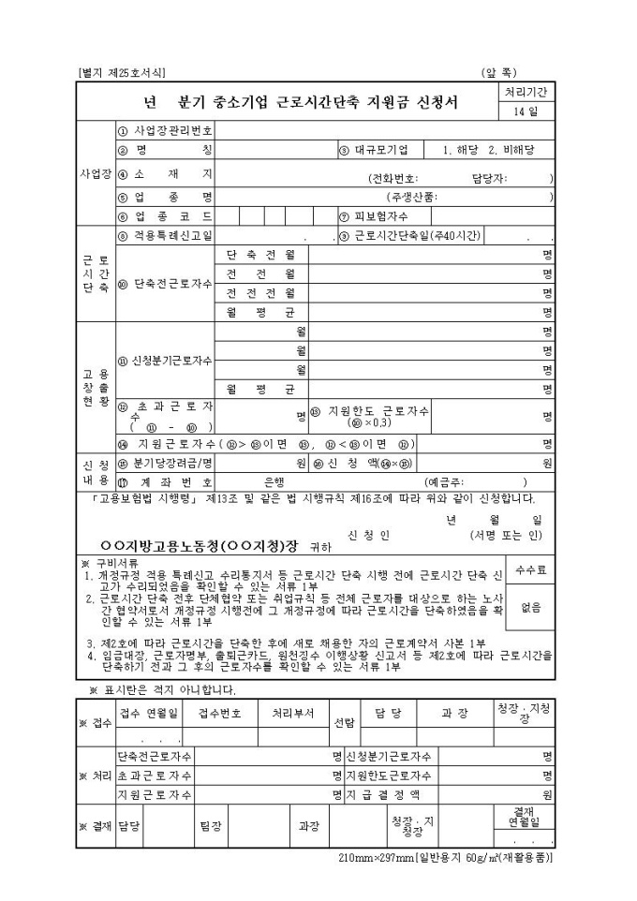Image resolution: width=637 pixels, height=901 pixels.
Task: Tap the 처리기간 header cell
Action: tap(528, 92)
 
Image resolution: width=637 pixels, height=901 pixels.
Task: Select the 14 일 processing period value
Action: tap(527, 112)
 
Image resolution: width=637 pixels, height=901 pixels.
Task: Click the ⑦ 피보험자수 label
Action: tap(374, 216)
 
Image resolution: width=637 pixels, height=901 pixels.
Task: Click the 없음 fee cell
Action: tap(529, 607)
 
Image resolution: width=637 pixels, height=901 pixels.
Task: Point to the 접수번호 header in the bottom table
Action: tap(221, 712)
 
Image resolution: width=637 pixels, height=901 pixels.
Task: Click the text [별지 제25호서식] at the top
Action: tap(123, 72)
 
